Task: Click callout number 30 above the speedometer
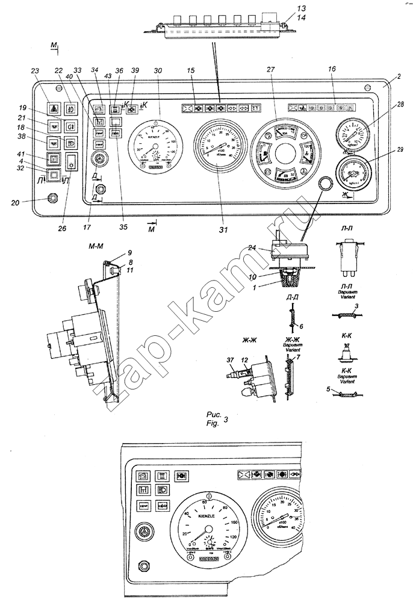coord(158,71)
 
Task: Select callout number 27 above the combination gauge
coord(270,70)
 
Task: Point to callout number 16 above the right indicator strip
coord(332,70)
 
